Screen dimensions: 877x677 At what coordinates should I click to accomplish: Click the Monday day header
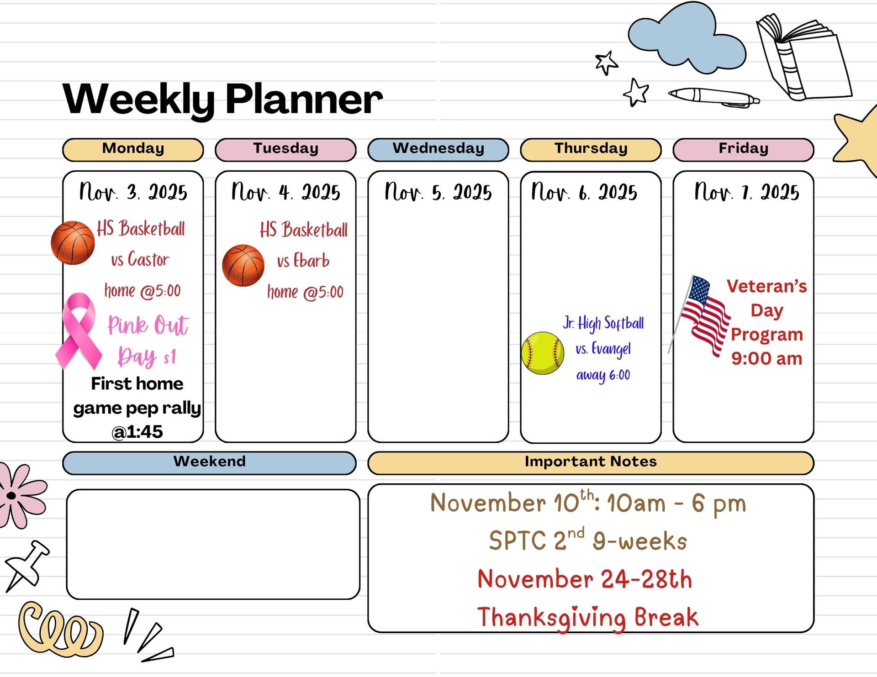pyautogui.click(x=133, y=150)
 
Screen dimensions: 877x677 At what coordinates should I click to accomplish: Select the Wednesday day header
pyautogui.click(x=438, y=150)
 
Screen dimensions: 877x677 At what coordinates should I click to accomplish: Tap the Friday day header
pyautogui.click(x=743, y=150)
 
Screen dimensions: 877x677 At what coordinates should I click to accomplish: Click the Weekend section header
pyautogui.click(x=209, y=463)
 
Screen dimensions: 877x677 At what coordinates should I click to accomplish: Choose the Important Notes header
pyautogui.click(x=591, y=463)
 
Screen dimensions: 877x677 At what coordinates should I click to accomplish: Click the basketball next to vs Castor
pyautogui.click(x=73, y=243)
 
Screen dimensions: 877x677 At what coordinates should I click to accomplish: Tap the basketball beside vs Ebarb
pyautogui.click(x=243, y=266)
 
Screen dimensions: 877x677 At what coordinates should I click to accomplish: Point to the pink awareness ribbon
pyautogui.click(x=78, y=331)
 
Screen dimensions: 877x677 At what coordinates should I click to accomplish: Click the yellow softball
pyautogui.click(x=543, y=353)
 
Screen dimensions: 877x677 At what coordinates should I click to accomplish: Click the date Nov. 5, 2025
pyautogui.click(x=438, y=192)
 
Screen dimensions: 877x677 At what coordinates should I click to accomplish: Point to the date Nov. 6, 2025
pyautogui.click(x=584, y=192)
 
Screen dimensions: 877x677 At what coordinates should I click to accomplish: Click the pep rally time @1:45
pyautogui.click(x=137, y=432)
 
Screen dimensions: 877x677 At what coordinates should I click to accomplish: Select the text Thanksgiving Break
pyautogui.click(x=588, y=618)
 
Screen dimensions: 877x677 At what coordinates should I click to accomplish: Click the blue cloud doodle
pyautogui.click(x=687, y=39)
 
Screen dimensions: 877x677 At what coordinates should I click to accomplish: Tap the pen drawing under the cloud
pyautogui.click(x=713, y=97)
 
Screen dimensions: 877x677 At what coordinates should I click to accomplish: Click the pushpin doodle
pyautogui.click(x=26, y=566)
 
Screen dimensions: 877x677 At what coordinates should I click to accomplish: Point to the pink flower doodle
pyautogui.click(x=21, y=495)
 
